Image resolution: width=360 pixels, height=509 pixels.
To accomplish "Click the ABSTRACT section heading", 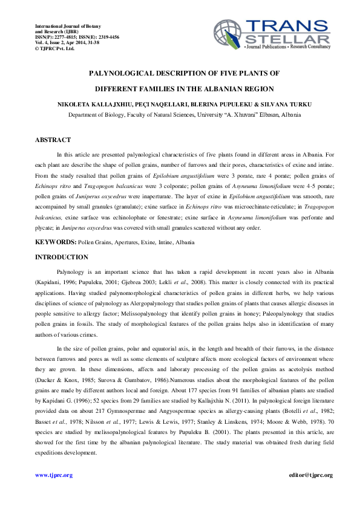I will click(53, 140).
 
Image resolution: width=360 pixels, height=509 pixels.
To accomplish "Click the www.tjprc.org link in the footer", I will click(54, 475).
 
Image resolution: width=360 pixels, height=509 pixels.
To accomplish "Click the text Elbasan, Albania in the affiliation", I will click(271, 114).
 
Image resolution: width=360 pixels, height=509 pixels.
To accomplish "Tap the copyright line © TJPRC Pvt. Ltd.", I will click(54, 48).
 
